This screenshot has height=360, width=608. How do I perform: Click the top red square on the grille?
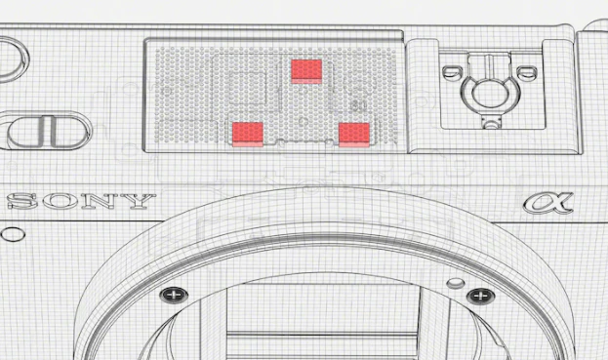[x=306, y=71]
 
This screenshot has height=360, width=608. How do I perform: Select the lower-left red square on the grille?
[x=248, y=135]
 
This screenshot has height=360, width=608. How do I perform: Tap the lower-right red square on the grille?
[x=354, y=135]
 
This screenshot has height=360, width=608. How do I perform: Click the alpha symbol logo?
[x=547, y=203]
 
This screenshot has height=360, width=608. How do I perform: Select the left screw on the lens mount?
[x=174, y=296]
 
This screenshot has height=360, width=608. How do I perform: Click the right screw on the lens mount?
[x=481, y=297]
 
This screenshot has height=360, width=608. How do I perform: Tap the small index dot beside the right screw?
[x=456, y=283]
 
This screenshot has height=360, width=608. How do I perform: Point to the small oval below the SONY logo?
[x=13, y=234]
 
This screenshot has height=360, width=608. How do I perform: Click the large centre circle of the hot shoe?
[x=491, y=94]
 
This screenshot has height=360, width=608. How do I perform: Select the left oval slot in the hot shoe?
[x=452, y=71]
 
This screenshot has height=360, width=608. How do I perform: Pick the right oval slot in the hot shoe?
[x=527, y=71]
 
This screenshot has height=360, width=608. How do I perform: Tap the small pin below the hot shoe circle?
[x=491, y=125]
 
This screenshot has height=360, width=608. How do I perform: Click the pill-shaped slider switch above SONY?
[x=47, y=131]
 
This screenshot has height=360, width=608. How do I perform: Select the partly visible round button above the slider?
[x=12, y=59]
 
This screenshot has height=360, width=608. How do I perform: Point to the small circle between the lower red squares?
[x=304, y=122]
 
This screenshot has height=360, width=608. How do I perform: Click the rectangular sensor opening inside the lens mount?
[x=323, y=322]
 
